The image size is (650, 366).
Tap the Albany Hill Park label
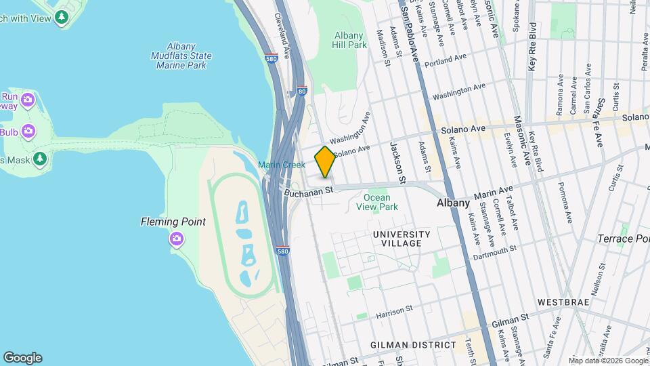point(350,40)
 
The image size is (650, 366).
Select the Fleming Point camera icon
point(177,239)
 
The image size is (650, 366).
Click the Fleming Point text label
point(173,222)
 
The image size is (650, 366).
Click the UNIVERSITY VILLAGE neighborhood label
point(402,239)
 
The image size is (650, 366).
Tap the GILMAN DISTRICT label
point(413,344)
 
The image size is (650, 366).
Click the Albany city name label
point(454,203)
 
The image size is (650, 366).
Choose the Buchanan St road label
point(310,192)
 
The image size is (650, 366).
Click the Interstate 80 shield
point(301,89)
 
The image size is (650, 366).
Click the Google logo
point(22,357)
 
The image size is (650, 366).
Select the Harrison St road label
point(395,310)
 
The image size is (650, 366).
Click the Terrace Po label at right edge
point(623,239)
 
